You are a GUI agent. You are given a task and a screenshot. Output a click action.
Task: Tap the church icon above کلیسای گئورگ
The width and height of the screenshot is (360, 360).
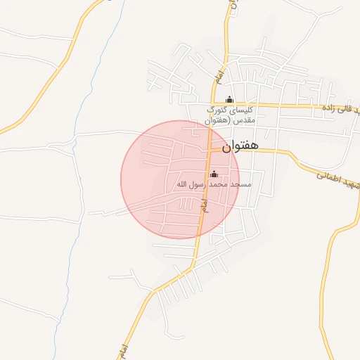229,100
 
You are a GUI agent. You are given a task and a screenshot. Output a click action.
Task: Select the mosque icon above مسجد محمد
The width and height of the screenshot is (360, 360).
214,174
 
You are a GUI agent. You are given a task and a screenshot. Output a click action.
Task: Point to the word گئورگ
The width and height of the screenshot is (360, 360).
217,110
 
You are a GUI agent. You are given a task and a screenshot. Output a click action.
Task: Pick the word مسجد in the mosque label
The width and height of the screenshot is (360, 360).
240,185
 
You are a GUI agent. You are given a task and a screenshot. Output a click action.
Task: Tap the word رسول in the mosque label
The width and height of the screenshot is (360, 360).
196,185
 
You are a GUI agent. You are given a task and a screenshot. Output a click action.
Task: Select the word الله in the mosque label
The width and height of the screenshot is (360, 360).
181,185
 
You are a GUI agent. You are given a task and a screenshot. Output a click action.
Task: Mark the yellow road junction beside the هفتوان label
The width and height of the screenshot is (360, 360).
210,150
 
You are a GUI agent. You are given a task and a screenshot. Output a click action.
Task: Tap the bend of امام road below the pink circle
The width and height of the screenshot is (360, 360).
194,263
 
